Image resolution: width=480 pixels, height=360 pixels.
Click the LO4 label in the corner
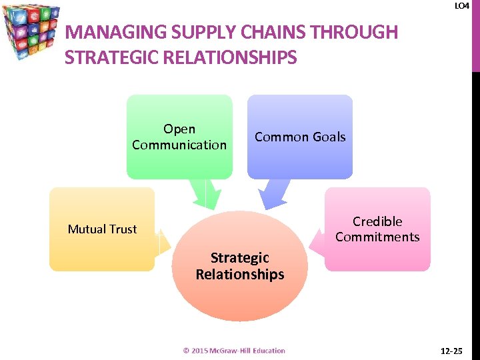[x=461, y=6]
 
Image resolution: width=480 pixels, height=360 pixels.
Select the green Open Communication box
[x=179, y=137]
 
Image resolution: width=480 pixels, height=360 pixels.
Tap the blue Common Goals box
[x=300, y=137]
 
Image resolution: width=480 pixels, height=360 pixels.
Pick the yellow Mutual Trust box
[x=102, y=229]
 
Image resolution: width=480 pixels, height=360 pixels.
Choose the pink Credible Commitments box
[x=377, y=229]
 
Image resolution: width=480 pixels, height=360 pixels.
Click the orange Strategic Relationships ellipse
[x=240, y=265]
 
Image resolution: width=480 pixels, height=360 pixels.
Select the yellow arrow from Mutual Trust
[x=164, y=244]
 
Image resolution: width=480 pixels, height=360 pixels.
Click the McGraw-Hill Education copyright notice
[x=234, y=351]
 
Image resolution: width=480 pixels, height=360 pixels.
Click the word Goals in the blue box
[x=331, y=137]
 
